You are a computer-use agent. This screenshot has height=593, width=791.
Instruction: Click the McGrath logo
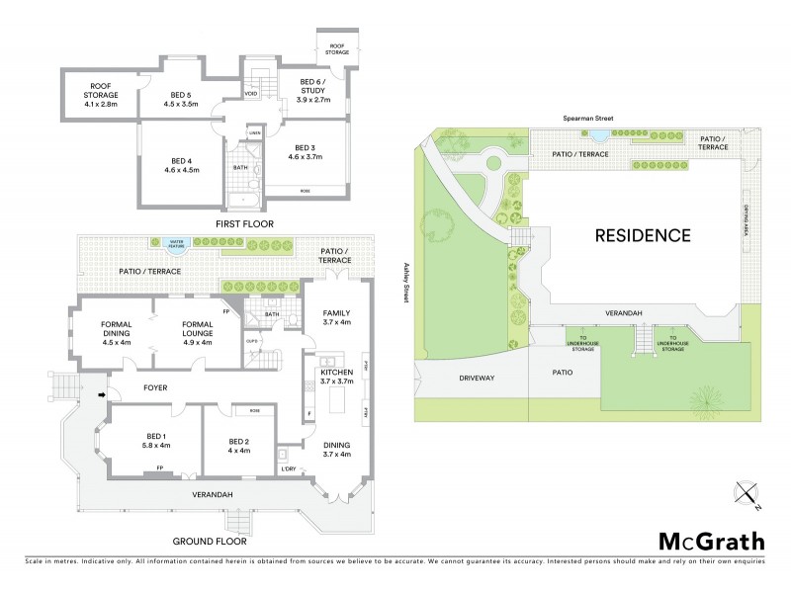(x=711, y=541)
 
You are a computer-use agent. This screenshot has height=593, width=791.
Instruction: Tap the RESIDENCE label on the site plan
(x=642, y=236)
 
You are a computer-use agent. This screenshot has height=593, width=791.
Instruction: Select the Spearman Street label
(x=589, y=119)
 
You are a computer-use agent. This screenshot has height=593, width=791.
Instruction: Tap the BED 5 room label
(x=181, y=99)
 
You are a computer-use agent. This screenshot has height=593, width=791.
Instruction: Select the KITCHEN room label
(x=339, y=376)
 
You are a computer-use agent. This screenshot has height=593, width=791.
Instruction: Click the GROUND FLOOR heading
(x=209, y=541)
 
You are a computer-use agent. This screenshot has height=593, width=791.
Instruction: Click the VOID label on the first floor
(x=253, y=95)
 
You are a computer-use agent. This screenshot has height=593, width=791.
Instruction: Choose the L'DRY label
(x=289, y=468)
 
